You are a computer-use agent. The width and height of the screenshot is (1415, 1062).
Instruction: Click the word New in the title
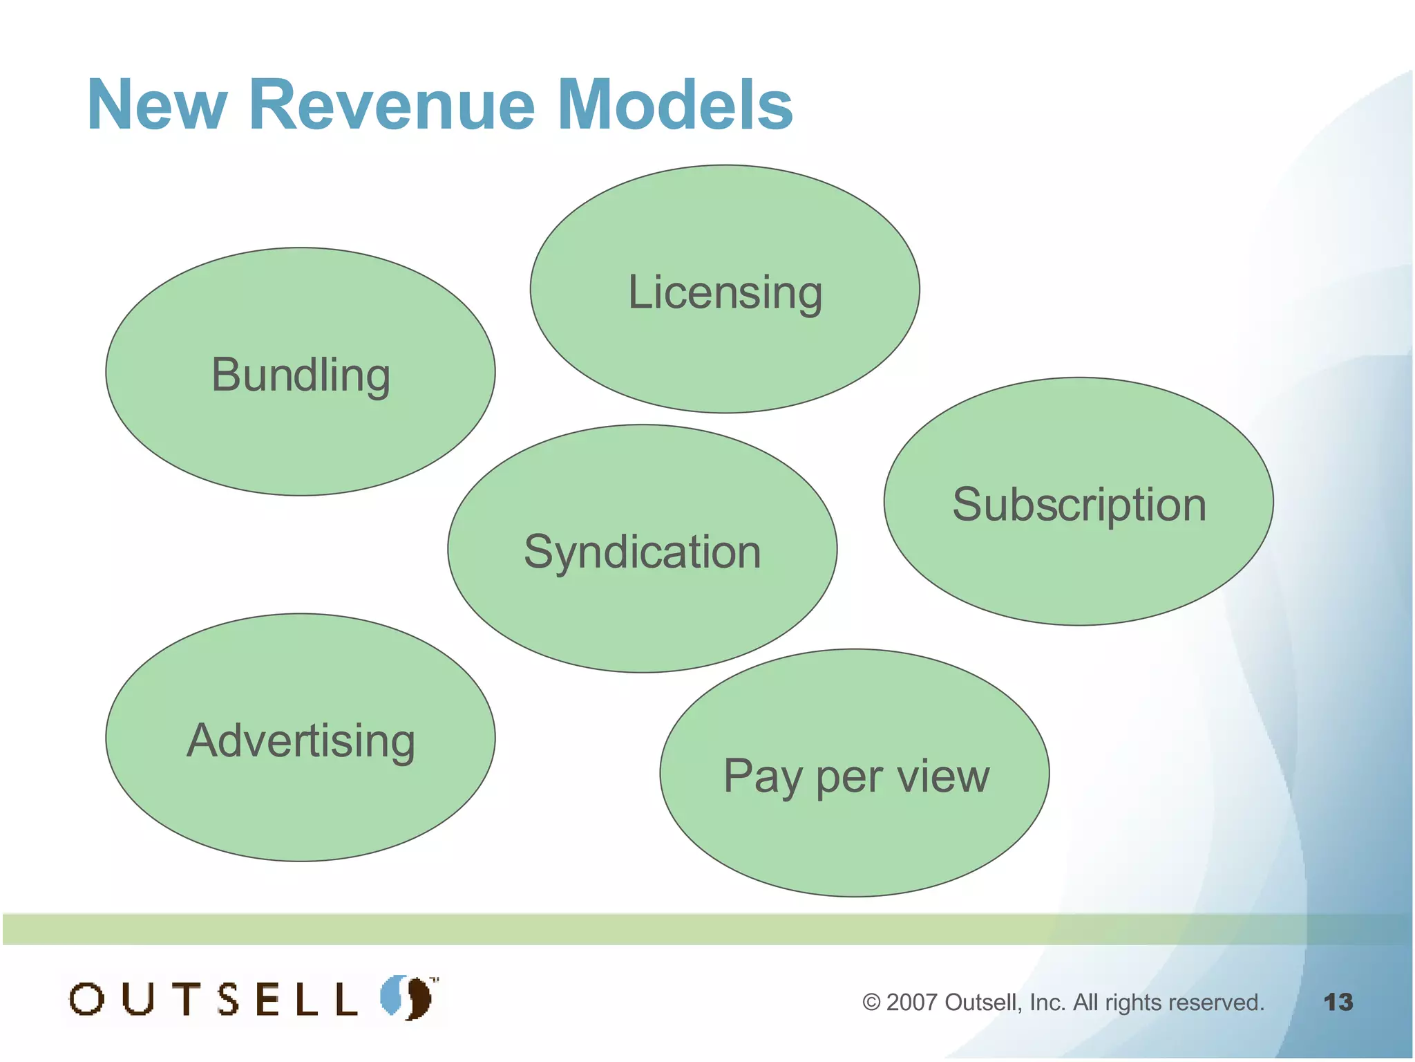click(x=157, y=105)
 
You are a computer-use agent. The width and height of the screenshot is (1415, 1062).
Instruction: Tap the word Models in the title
click(x=674, y=105)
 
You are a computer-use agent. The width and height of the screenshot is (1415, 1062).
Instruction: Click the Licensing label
click(x=725, y=292)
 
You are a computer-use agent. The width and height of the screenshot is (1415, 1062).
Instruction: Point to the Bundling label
click(x=301, y=375)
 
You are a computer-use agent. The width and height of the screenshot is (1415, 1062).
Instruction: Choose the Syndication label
click(x=642, y=552)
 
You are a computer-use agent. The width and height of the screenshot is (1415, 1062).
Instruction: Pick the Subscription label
click(x=1079, y=504)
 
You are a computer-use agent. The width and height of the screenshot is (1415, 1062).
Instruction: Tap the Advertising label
click(x=301, y=740)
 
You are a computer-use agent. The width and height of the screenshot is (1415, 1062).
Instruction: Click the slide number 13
click(x=1338, y=1002)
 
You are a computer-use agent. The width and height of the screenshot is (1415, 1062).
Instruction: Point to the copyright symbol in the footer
click(x=871, y=1003)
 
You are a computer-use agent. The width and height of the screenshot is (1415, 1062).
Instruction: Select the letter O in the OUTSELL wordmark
click(x=87, y=999)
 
